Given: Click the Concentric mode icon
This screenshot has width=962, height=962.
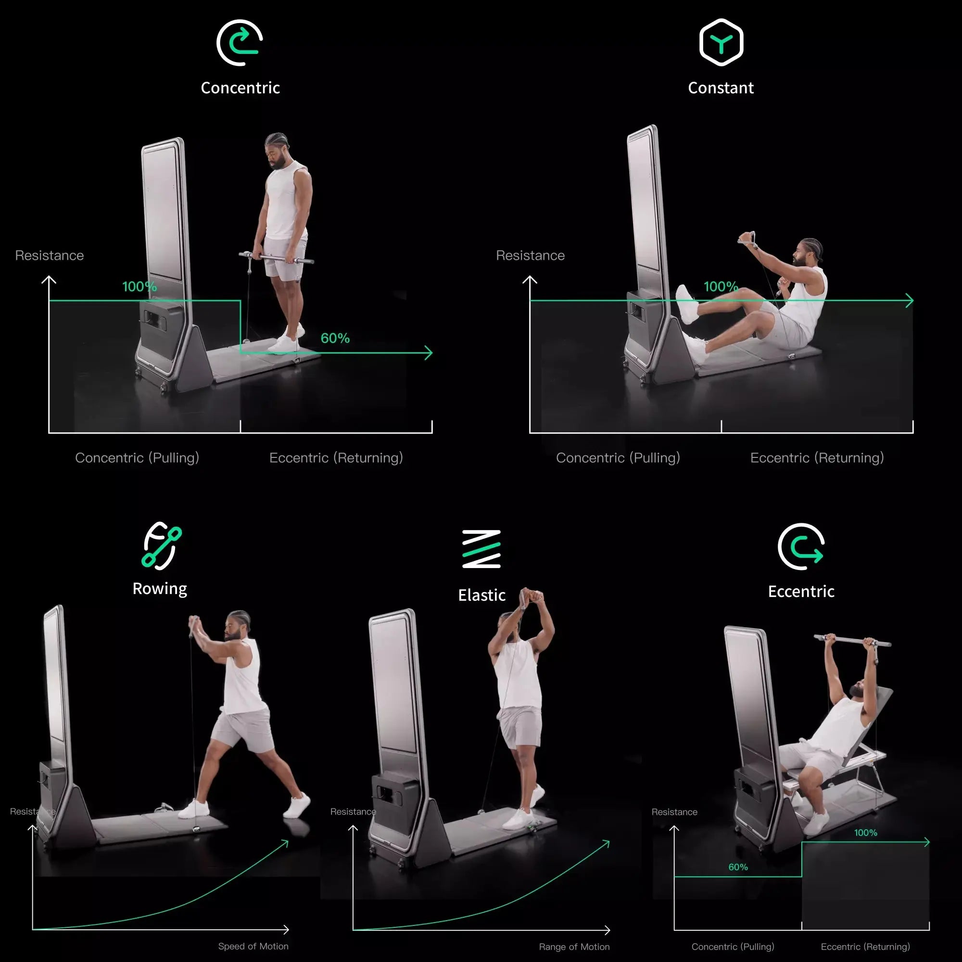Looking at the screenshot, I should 240,43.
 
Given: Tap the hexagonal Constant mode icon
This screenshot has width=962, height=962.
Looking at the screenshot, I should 721,43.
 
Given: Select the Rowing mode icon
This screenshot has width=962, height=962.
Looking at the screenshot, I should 162,546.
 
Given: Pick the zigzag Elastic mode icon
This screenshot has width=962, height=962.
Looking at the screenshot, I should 481,549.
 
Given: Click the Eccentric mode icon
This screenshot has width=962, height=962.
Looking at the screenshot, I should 801,546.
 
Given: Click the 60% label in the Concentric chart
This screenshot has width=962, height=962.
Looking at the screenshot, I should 335,339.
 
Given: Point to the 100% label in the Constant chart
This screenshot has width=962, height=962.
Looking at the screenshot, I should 721,287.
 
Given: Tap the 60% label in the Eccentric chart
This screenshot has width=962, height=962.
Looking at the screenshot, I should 738,867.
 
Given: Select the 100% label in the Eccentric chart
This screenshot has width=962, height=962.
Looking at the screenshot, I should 865,833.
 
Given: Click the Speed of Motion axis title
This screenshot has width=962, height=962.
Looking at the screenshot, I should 253,947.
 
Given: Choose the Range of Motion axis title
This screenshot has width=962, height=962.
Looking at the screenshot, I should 574,947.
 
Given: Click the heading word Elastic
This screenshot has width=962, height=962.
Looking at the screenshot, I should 481,595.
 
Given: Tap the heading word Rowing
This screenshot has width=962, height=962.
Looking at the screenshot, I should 160,589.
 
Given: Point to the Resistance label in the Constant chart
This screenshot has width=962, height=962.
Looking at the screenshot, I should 530,255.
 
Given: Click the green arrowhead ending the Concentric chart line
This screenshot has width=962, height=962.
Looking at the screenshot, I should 429,353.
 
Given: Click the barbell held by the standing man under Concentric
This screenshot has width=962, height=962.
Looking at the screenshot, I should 277,258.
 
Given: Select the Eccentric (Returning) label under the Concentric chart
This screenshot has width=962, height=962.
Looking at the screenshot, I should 336,458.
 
